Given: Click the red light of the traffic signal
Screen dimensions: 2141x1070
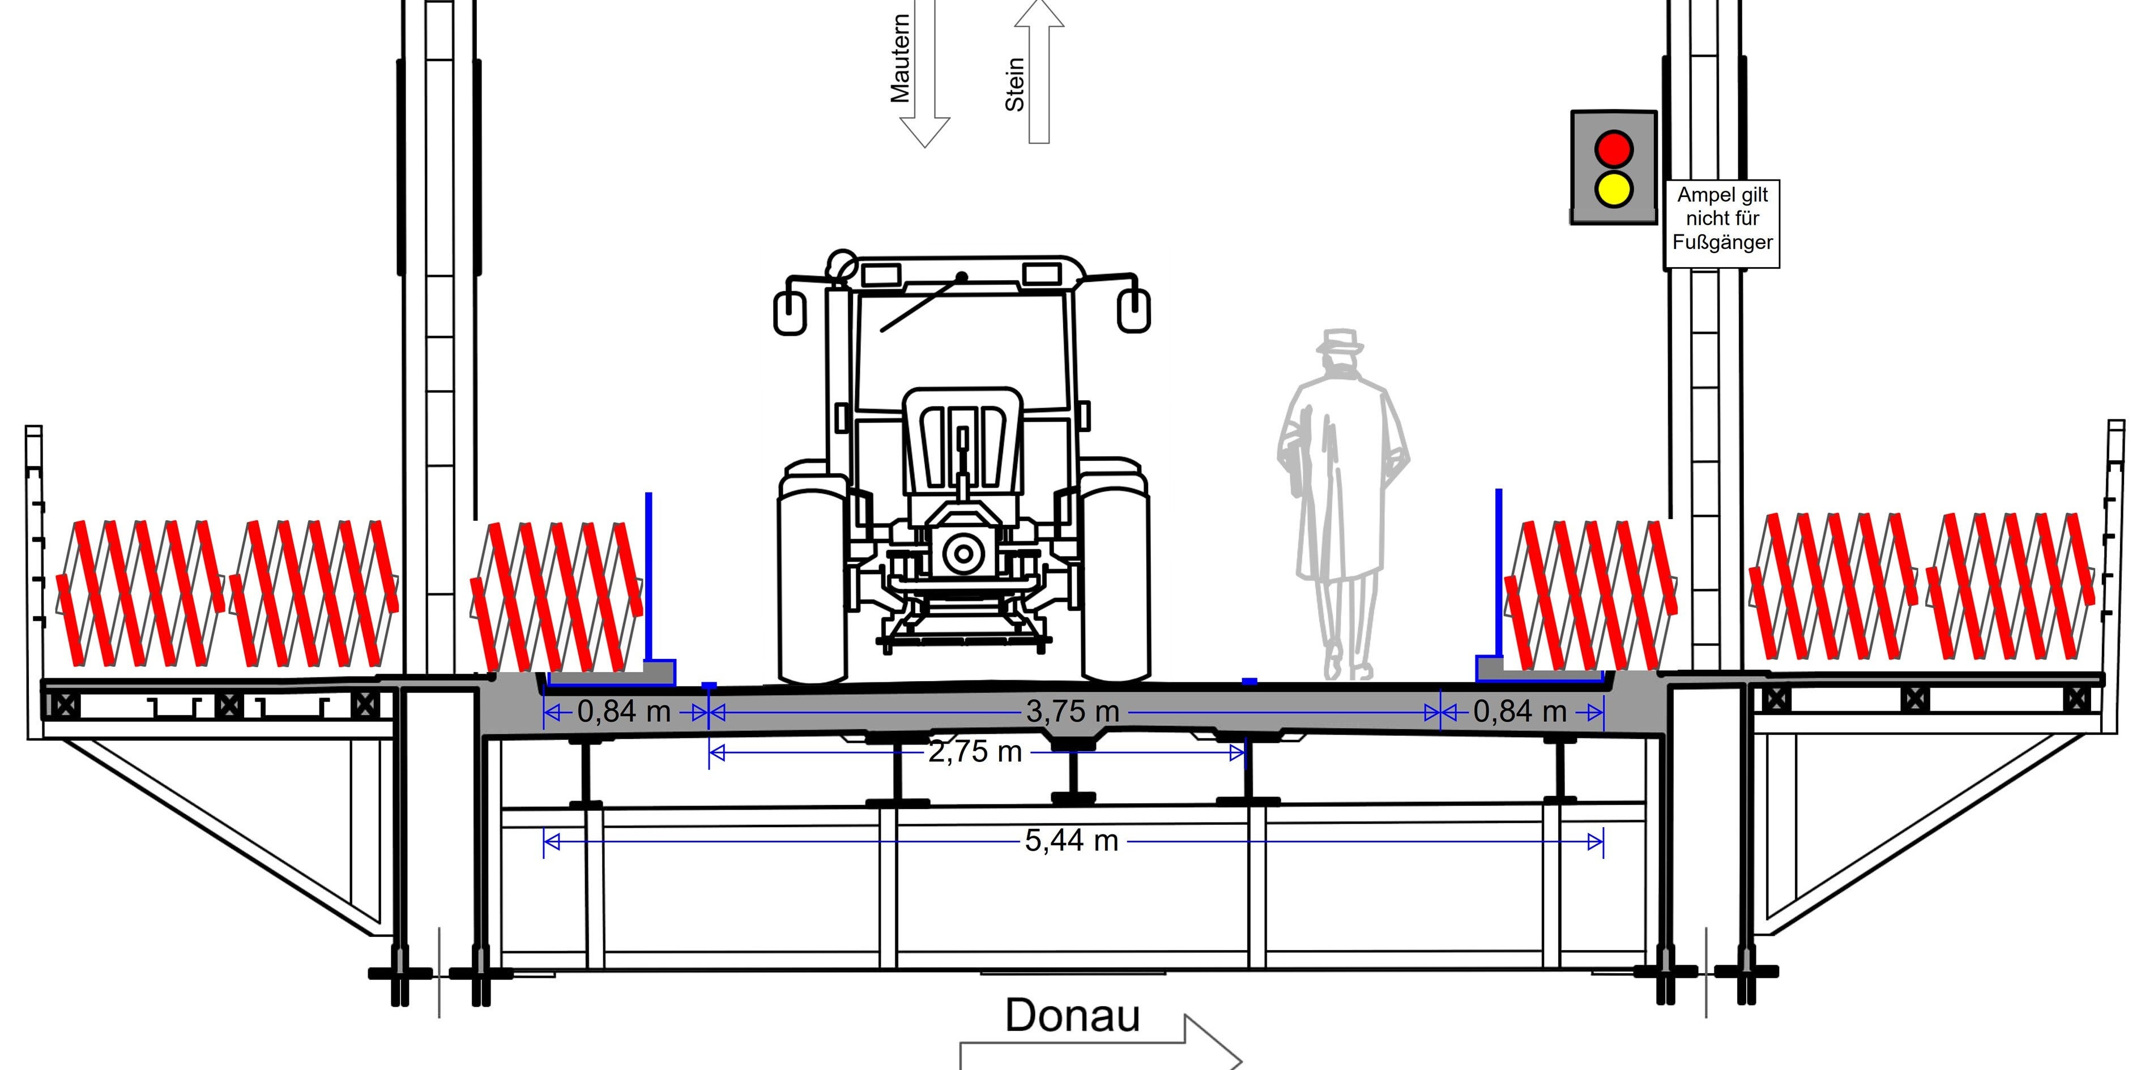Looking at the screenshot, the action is [x=1613, y=149].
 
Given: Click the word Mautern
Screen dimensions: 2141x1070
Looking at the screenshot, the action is [x=900, y=59].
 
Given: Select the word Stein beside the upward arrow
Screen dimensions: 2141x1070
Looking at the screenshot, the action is [x=1015, y=84].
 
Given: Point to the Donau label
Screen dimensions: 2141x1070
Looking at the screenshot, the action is [x=1072, y=1015].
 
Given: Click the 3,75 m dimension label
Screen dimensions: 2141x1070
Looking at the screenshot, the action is [x=1073, y=711].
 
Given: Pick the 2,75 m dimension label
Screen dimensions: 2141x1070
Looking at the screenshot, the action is [x=975, y=752].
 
